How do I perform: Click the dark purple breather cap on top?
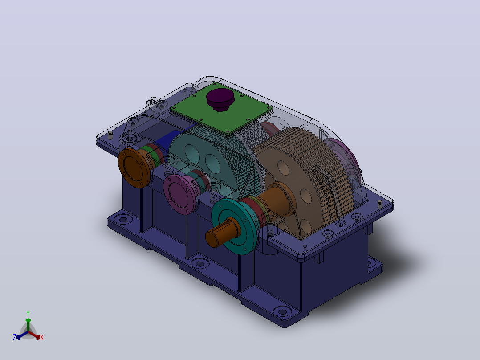tap(220, 99)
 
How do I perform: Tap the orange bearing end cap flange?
tap(134, 168)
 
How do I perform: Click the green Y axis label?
tap(28, 313)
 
